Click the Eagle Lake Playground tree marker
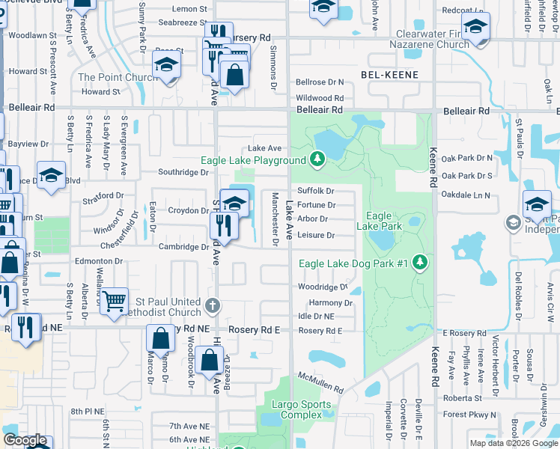(317, 159)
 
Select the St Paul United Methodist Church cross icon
(213, 305)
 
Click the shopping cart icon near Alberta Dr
(115, 301)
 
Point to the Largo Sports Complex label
(296, 410)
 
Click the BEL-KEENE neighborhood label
(389, 75)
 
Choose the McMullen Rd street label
(319, 384)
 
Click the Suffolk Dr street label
(315, 191)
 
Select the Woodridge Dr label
(323, 287)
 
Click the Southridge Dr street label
(183, 172)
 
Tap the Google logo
(25, 441)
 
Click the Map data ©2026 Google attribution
(513, 443)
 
